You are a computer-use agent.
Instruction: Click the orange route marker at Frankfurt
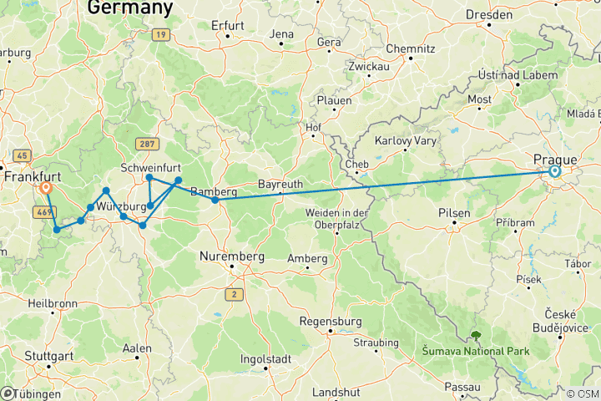click(x=47, y=189)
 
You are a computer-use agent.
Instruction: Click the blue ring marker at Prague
click(x=554, y=172)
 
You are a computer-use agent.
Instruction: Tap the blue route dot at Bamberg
click(x=215, y=200)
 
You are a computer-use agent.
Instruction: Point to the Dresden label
click(x=490, y=15)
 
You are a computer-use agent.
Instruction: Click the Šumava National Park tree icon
click(x=476, y=336)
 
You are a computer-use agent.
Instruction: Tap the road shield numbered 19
click(x=161, y=34)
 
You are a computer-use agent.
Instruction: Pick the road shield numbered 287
click(x=148, y=144)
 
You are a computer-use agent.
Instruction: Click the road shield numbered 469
click(x=43, y=212)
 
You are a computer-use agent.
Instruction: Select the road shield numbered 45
click(x=22, y=155)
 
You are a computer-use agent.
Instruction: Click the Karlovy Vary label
click(x=406, y=140)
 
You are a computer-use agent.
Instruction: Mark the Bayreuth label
click(x=279, y=183)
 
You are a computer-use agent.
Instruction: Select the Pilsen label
click(x=455, y=213)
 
